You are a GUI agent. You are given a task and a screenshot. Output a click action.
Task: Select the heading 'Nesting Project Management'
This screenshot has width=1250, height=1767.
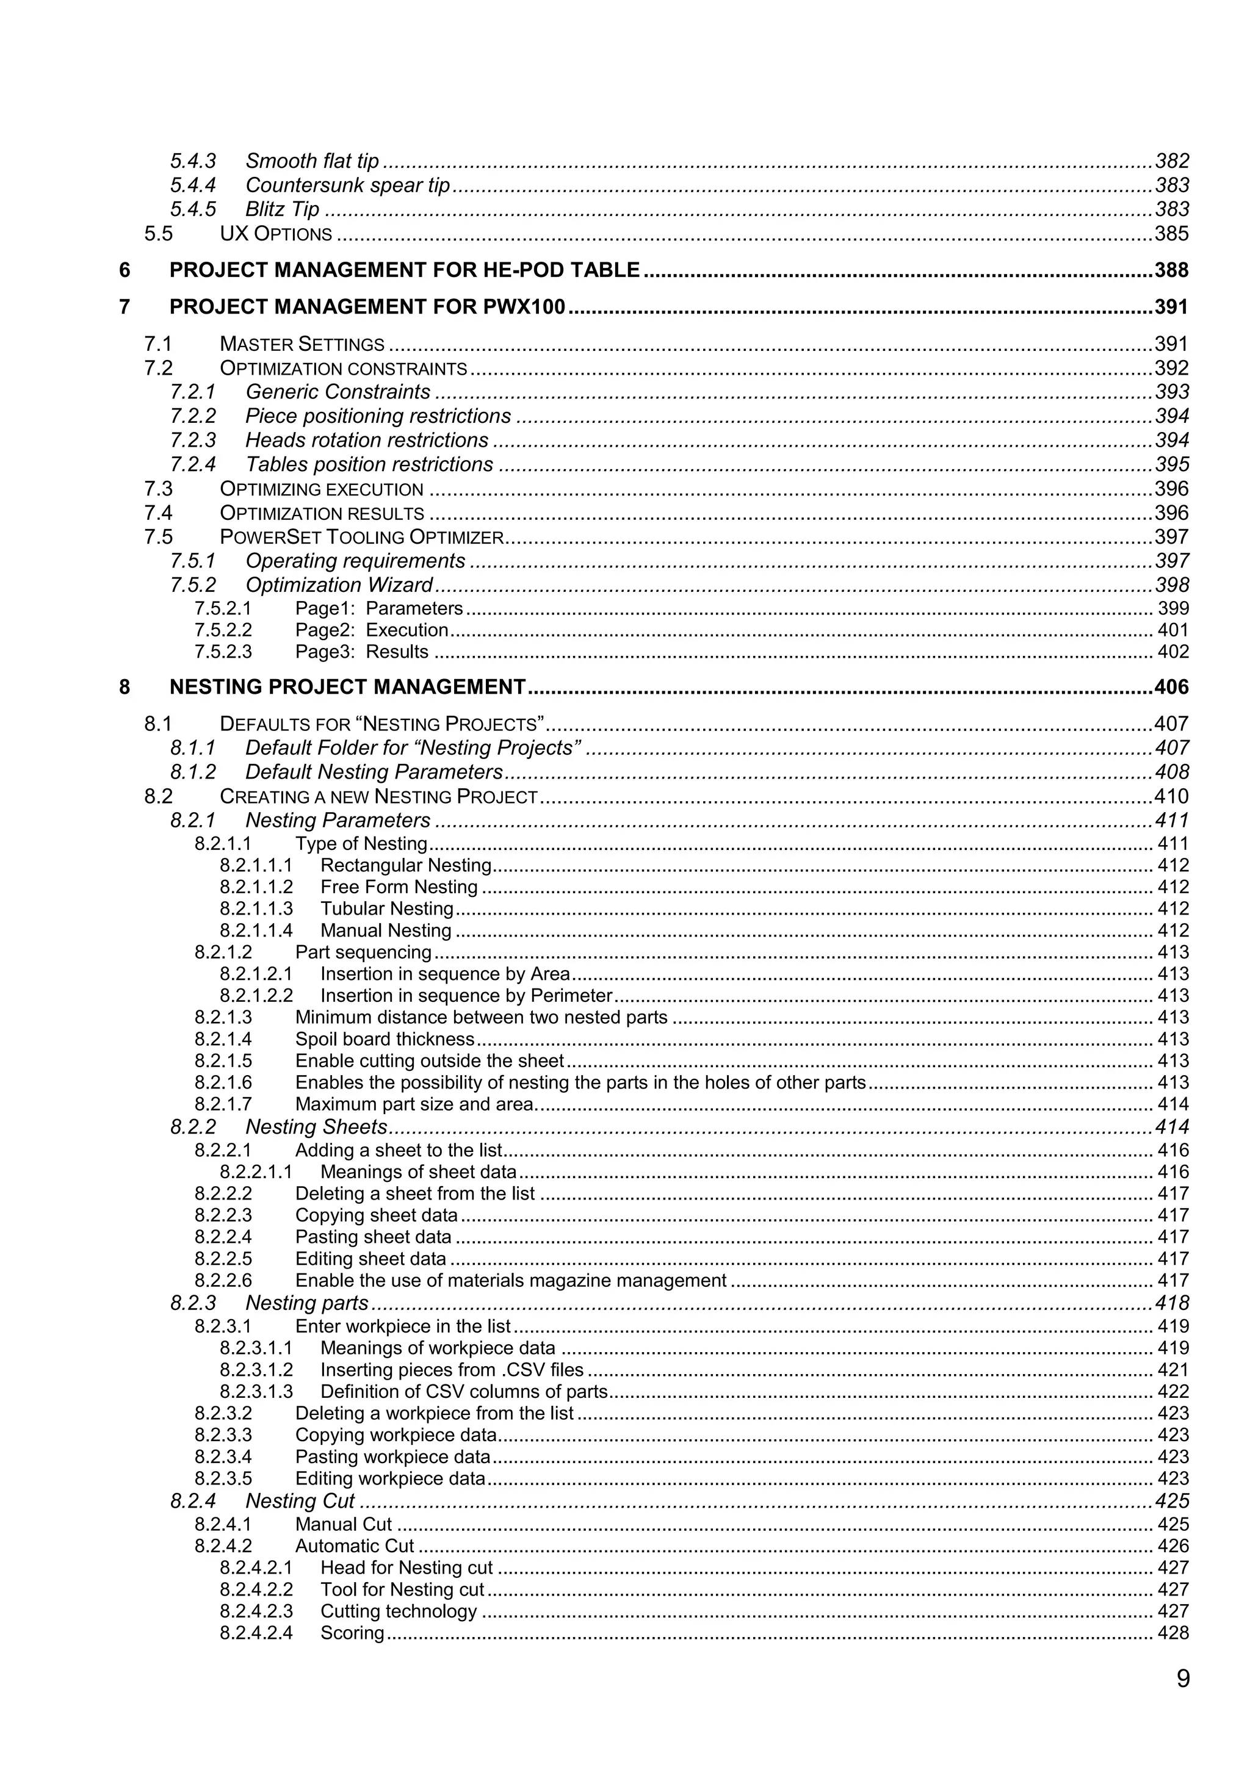coord(347,686)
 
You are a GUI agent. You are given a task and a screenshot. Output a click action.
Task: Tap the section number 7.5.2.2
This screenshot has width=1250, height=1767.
coord(223,630)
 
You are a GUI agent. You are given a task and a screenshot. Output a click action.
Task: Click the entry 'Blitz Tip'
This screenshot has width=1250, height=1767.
coord(282,209)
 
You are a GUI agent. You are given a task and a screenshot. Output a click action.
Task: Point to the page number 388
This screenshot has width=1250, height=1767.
coord(1171,270)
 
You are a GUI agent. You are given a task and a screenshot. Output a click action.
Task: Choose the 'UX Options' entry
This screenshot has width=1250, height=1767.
coord(275,234)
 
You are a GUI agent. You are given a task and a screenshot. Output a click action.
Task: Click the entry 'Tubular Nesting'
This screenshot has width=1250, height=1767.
coord(386,909)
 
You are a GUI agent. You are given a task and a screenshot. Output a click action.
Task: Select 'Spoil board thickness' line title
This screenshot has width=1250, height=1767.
coord(385,1039)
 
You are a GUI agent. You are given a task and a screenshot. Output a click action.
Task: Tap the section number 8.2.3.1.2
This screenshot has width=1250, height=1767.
coord(256,1370)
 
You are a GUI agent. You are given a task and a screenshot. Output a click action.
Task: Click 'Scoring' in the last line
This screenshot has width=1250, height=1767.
coord(352,1632)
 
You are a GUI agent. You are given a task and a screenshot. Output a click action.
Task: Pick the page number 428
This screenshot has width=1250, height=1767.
coord(1173,1632)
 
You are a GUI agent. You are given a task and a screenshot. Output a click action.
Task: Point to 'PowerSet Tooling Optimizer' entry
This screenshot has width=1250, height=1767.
coord(362,537)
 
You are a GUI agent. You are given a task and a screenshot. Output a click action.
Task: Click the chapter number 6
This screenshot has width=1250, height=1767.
coord(125,270)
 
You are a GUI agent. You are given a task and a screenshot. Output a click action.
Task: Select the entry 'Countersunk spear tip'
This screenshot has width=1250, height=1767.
coord(347,185)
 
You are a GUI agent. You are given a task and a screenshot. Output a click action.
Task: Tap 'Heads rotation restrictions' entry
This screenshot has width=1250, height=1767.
coord(366,440)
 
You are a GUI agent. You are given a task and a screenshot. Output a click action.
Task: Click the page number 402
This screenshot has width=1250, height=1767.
coord(1173,652)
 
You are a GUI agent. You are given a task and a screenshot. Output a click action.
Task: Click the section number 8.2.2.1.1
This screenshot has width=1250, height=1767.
coord(256,1172)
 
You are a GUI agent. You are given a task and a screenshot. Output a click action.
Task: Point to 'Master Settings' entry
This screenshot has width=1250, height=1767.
coord(302,344)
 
